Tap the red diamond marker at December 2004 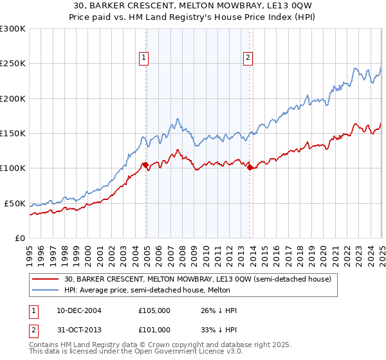(146, 165)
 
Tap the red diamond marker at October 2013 (250, 168)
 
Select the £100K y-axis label (14, 168)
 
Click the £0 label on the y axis (19, 238)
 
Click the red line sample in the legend (46, 280)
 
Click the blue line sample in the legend (46, 291)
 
